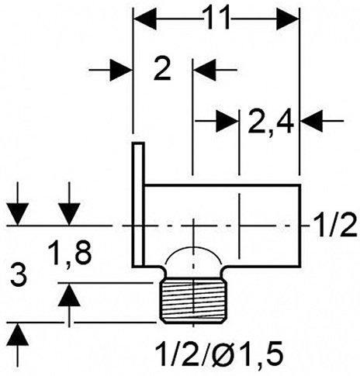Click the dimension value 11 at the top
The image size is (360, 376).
tap(218, 17)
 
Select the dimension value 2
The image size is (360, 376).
tap(161, 71)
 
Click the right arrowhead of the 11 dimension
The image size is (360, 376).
tap(288, 18)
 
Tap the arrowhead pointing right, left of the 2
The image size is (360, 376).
tap(119, 70)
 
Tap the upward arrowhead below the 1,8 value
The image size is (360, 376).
tap(70, 295)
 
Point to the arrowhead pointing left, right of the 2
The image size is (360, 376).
tap(204, 70)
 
